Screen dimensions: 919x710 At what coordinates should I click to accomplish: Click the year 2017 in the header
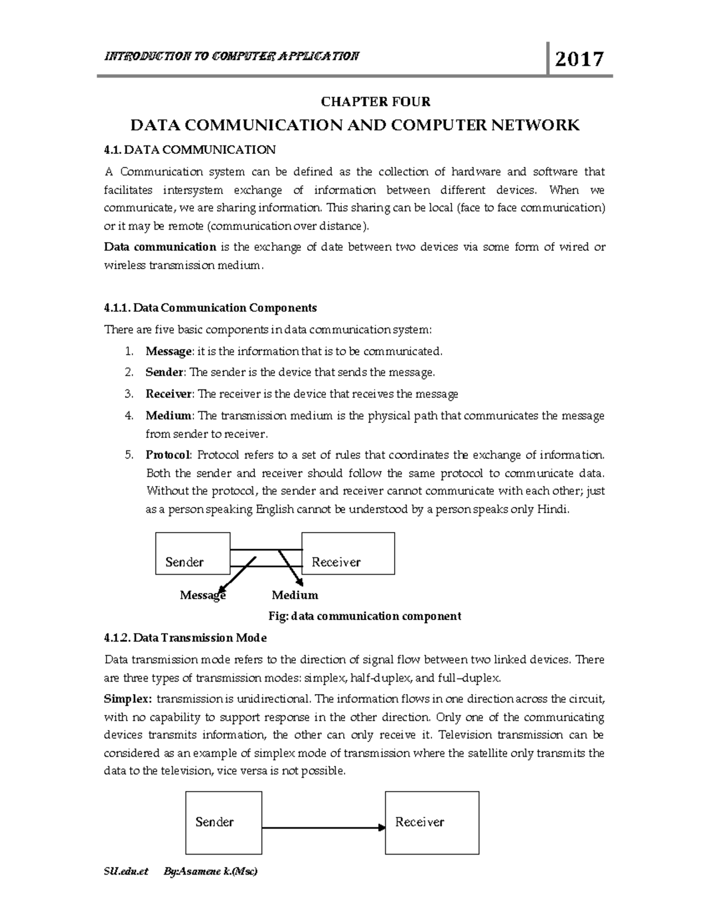tap(579, 59)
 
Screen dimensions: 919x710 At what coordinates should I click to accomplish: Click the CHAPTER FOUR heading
tap(376, 102)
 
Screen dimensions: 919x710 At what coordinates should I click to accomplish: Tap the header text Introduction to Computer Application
tap(231, 56)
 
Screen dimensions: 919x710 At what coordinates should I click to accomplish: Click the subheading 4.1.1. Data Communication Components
tap(210, 308)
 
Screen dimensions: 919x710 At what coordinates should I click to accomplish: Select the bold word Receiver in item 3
tap(169, 394)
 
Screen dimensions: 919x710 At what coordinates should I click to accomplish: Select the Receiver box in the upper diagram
tap(348, 553)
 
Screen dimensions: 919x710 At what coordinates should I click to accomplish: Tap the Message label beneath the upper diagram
tap(203, 595)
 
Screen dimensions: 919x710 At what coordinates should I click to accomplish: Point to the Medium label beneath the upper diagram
tap(295, 595)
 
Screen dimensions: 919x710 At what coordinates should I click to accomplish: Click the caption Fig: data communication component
tap(364, 616)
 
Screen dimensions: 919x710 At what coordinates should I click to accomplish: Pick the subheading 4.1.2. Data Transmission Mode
tap(185, 638)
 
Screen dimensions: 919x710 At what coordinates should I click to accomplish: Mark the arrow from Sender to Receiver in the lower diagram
tap(323, 827)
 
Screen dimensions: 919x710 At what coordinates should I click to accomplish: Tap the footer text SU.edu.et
tap(127, 872)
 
